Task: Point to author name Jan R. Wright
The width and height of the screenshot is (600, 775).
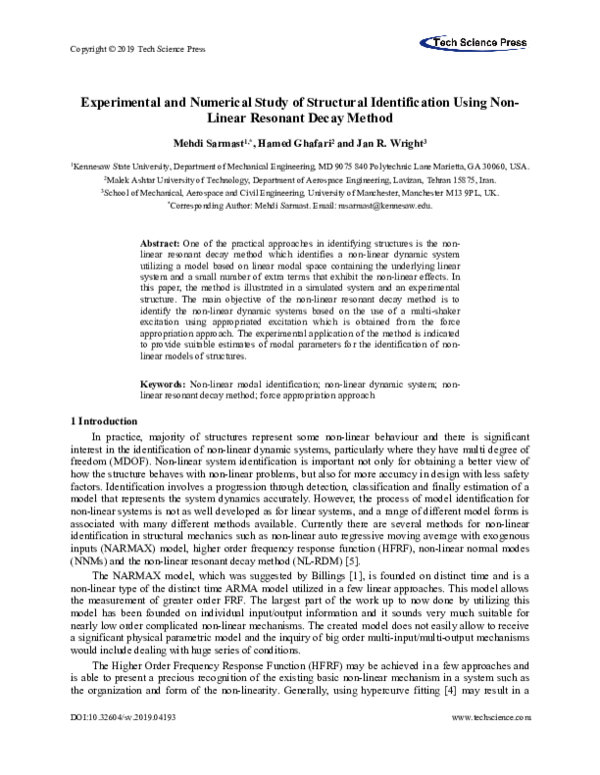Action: pyautogui.click(x=376, y=143)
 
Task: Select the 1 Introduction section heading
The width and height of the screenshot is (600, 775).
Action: pyautogui.click(x=100, y=421)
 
